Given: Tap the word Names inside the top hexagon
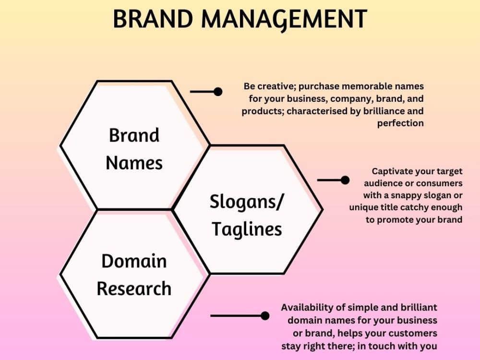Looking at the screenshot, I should (x=134, y=163).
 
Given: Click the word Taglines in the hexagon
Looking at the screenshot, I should (x=247, y=230).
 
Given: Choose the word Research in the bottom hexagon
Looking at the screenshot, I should (x=134, y=289).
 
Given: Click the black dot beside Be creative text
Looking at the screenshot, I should (x=218, y=91).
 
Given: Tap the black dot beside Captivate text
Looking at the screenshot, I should (x=345, y=180).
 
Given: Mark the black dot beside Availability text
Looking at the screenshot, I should (x=264, y=315).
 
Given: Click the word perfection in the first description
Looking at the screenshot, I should (x=400, y=123).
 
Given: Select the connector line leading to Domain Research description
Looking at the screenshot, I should (x=235, y=315).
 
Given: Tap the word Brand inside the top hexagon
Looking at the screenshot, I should (x=134, y=135).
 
